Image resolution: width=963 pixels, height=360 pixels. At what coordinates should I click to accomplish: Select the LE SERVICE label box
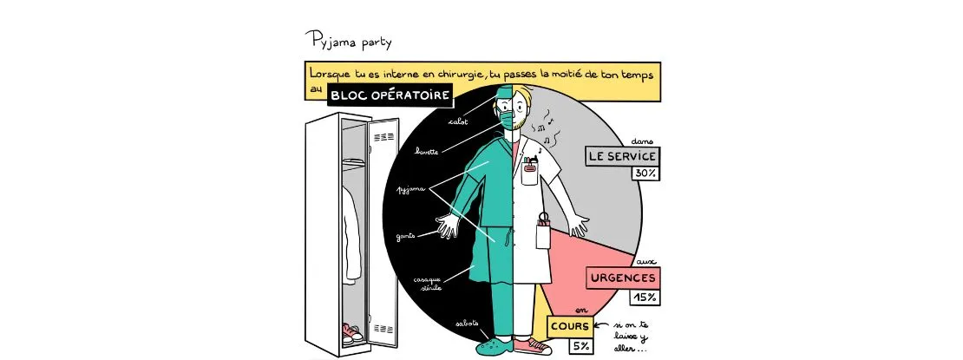(x=621, y=156)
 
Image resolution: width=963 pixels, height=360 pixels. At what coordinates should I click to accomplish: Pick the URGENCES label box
(x=621, y=278)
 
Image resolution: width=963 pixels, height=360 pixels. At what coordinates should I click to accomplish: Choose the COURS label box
(x=569, y=326)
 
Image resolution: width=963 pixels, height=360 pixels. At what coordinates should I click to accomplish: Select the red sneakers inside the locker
(x=351, y=333)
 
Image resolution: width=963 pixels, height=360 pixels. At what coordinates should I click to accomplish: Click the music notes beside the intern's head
(x=547, y=130)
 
